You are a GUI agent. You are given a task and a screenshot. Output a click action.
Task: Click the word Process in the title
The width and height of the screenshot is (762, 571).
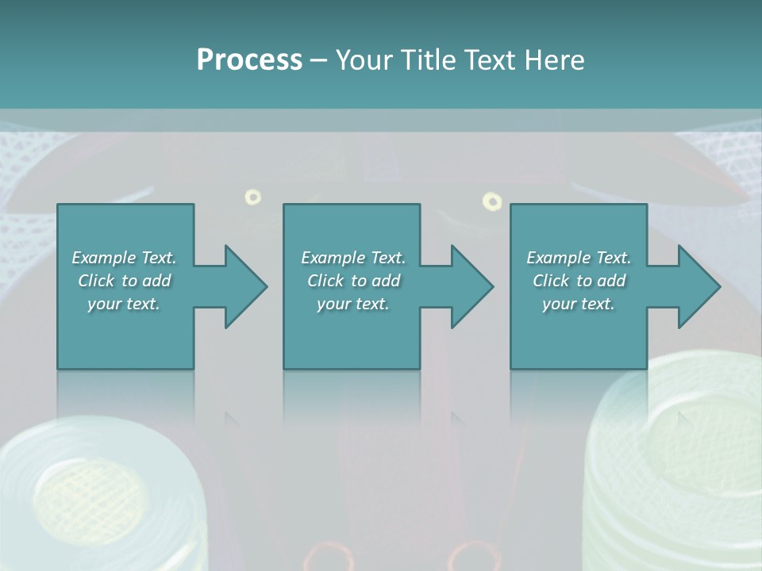click(249, 60)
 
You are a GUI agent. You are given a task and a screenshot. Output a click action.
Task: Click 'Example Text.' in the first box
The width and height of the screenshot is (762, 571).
click(124, 258)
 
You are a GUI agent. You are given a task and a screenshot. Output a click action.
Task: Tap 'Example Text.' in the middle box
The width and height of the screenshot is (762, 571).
click(352, 258)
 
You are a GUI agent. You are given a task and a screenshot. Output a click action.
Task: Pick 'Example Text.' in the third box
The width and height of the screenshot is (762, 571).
click(579, 258)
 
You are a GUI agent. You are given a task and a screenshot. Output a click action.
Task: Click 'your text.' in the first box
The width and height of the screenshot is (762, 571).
click(124, 304)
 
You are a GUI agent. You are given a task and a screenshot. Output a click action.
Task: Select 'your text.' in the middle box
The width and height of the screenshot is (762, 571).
click(352, 304)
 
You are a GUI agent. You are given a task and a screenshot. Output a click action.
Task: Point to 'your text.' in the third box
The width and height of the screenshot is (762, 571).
click(579, 304)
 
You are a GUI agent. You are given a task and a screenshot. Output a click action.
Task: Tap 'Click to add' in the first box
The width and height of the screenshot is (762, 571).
click(124, 281)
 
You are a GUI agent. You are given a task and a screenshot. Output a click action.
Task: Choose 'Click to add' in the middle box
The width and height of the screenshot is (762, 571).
click(352, 281)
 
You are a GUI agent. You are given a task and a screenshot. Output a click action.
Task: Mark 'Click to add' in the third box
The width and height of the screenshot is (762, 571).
click(579, 281)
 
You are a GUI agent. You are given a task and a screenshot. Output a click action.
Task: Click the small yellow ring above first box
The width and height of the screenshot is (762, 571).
click(253, 197)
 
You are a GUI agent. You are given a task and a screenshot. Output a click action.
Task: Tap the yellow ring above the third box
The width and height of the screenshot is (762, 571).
click(492, 201)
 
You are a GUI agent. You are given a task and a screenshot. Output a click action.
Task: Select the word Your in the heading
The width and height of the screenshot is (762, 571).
click(364, 60)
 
